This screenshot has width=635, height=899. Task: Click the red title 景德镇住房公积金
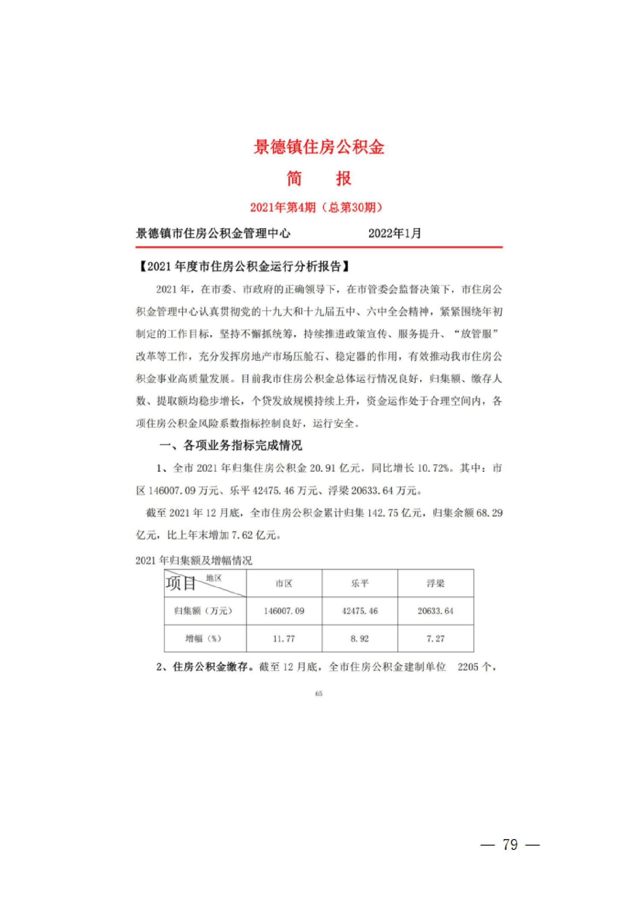318,147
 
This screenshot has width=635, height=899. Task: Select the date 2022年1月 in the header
394,233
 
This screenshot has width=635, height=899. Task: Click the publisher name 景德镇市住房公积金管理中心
213,233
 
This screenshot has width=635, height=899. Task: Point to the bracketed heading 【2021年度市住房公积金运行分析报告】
244,267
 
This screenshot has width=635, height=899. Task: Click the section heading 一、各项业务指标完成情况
230,446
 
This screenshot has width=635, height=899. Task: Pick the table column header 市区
284,584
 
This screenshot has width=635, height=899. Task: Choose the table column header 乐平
359,584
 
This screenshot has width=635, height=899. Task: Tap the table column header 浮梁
435,584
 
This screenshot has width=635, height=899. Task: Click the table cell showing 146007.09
284,611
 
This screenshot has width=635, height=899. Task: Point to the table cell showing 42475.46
360,611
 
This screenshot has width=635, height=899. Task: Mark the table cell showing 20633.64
435,611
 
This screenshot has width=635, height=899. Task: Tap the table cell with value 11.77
284,639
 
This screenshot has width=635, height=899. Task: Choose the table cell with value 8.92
359,639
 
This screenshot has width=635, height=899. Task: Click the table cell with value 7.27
435,639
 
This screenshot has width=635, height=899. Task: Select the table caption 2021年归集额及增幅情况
194,560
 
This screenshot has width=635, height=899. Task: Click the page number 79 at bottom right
510,844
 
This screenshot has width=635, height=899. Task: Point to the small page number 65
319,694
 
